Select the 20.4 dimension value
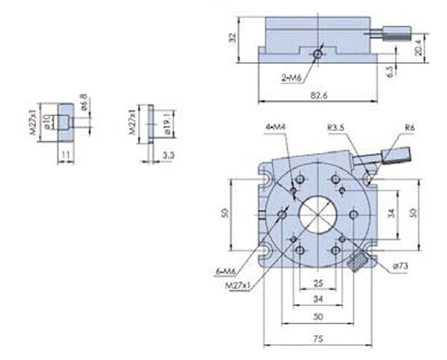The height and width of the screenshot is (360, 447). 418,48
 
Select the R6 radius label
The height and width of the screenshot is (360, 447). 410,127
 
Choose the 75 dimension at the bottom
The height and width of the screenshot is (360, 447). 319,338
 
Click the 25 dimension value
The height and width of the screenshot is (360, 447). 318,283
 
